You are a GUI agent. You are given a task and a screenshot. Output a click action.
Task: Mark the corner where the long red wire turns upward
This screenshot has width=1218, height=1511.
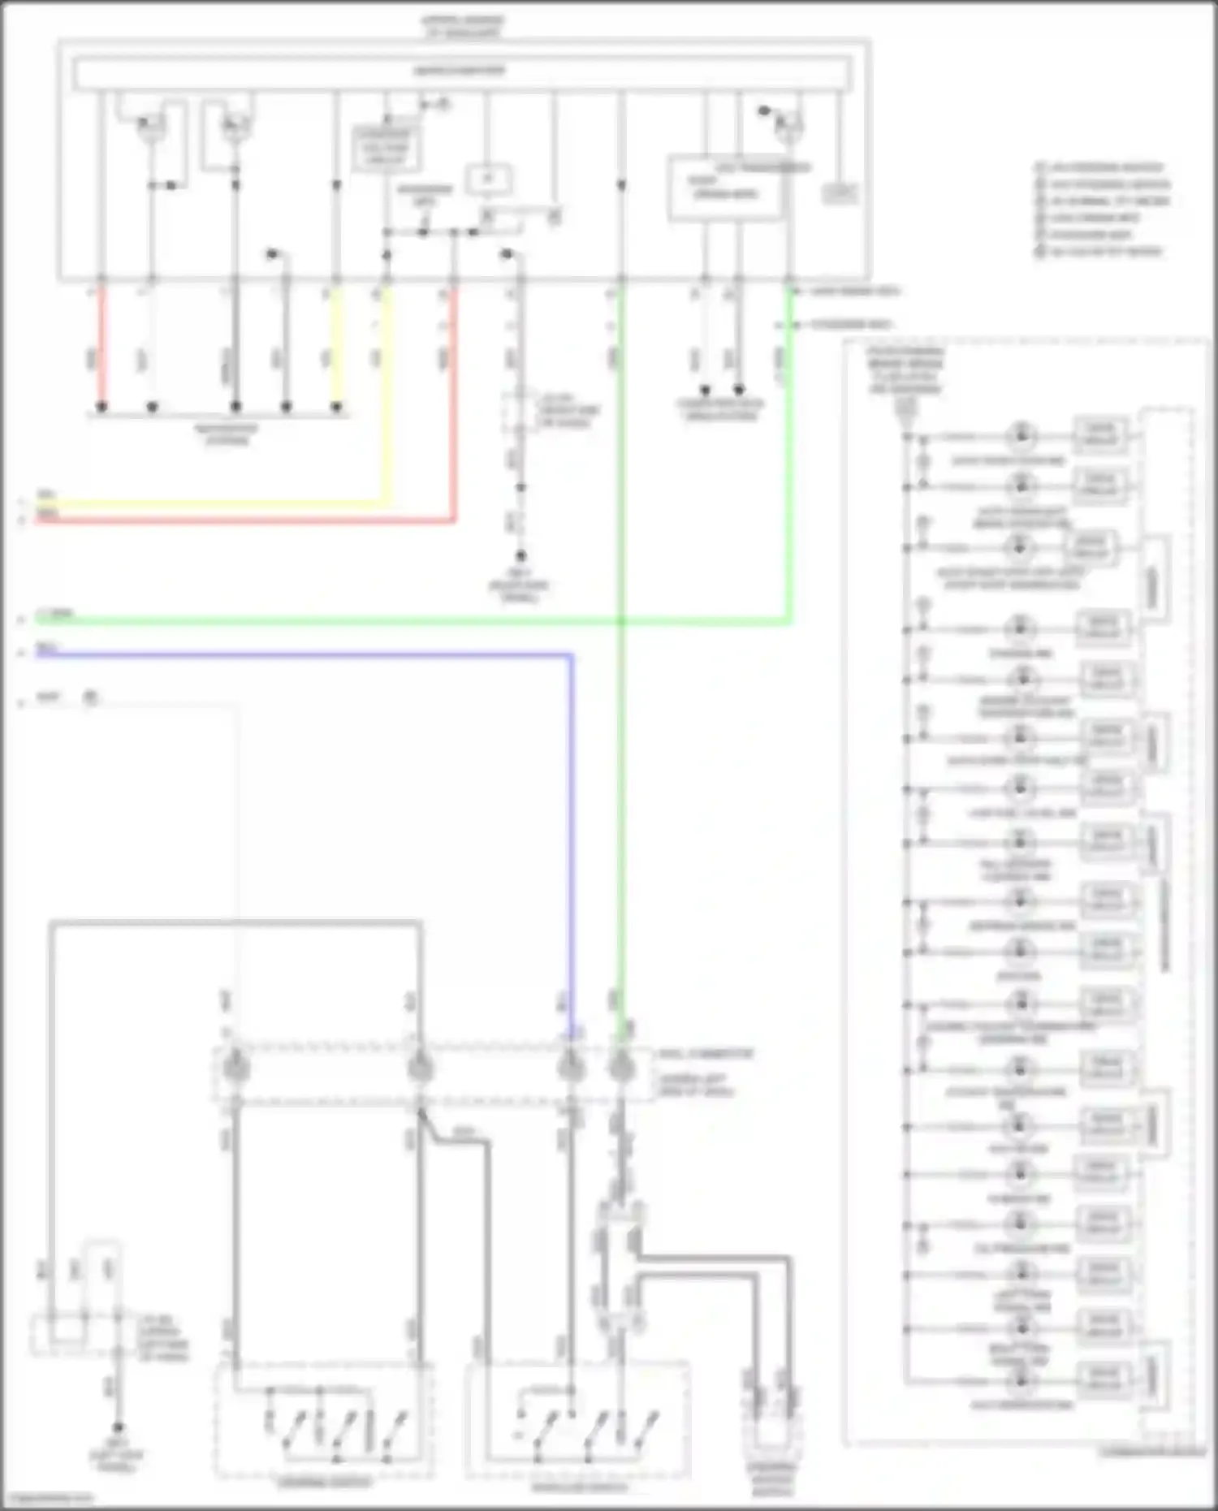[x=454, y=520]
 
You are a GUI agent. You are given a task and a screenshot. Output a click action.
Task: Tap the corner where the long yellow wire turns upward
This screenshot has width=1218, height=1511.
[x=387, y=503]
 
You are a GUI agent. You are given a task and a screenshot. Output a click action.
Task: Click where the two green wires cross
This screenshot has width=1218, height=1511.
[x=621, y=622]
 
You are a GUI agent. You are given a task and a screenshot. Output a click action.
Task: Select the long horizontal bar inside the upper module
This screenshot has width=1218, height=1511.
[x=462, y=73]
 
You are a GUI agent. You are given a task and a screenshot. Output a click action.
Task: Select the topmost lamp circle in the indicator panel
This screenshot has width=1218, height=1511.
[x=1021, y=436]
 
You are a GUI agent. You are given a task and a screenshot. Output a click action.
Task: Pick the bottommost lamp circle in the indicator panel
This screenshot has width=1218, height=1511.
[x=1021, y=1380]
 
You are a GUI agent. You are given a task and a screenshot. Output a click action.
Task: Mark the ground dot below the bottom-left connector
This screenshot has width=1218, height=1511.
[x=119, y=1427]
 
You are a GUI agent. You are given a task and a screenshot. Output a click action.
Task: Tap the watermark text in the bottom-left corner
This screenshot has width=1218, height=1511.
[x=47, y=1499]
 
